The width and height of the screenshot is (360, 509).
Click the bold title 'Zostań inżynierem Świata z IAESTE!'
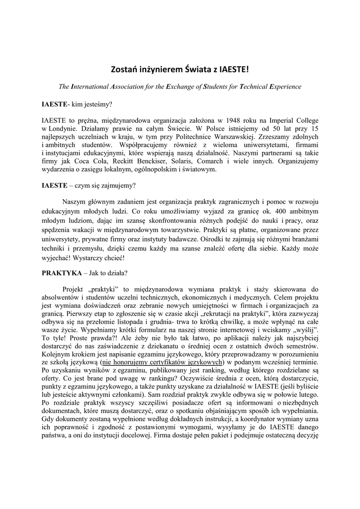point(180,70)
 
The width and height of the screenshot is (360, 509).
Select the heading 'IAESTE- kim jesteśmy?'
point(77,105)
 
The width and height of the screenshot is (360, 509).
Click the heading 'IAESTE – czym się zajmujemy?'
point(88,186)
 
